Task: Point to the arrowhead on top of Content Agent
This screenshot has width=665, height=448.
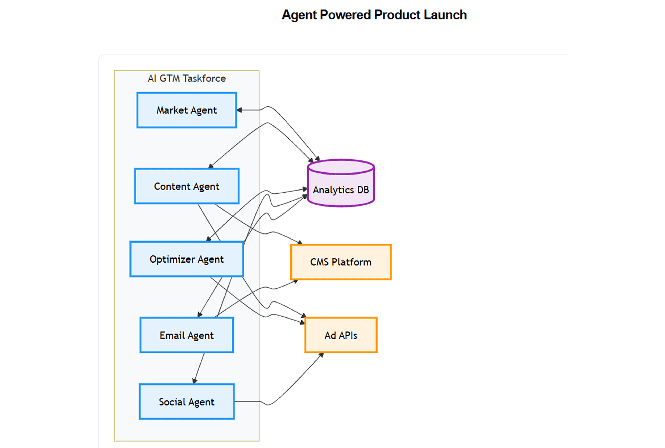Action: pos(211,166)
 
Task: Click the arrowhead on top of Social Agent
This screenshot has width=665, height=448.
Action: pos(194,381)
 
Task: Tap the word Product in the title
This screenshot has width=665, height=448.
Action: pos(397,15)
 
